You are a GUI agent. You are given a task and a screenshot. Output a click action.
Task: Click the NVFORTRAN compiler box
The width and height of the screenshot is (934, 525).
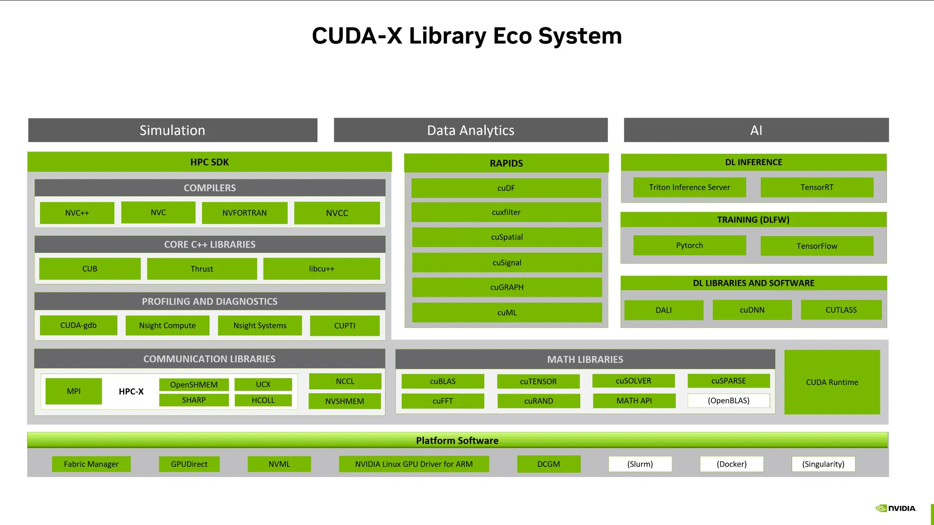point(244,213)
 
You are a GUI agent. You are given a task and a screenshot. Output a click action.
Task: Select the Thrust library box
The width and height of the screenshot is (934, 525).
point(202,269)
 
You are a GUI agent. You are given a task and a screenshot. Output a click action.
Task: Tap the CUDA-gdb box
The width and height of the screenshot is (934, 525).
point(78,325)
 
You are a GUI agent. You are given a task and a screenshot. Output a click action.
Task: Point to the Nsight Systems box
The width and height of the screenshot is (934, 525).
point(260,326)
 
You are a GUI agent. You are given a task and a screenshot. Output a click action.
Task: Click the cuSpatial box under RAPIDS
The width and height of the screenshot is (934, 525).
point(507,237)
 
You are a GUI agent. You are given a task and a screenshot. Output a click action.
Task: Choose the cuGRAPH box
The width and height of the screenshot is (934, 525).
point(507,287)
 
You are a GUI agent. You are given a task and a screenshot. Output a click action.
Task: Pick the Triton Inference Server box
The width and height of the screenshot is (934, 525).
point(689,187)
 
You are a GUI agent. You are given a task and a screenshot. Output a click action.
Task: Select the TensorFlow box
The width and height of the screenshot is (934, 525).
point(817,246)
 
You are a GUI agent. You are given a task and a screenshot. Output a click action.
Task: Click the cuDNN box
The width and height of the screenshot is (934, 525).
point(752,310)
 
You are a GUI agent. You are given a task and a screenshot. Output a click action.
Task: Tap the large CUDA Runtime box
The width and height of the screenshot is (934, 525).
point(832,382)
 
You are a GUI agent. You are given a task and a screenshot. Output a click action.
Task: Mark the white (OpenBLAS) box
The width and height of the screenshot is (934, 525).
point(728,400)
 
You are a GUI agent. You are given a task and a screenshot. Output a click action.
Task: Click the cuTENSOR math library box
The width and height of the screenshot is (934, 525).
point(538,381)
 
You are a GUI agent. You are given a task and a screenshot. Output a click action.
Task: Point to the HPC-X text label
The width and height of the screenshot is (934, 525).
point(131,391)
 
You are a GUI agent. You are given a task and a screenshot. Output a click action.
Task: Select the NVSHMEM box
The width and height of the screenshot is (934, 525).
point(344,401)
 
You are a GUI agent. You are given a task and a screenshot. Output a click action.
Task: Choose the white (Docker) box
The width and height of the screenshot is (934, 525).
point(732,464)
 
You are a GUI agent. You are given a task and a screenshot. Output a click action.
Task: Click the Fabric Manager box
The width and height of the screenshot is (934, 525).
point(91,464)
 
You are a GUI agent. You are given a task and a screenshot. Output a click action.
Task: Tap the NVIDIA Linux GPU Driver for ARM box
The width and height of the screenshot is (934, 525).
point(414,464)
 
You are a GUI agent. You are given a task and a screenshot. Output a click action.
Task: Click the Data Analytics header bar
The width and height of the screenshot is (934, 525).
point(471,130)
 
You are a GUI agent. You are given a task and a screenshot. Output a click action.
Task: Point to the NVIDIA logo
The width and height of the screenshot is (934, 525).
point(896,508)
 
